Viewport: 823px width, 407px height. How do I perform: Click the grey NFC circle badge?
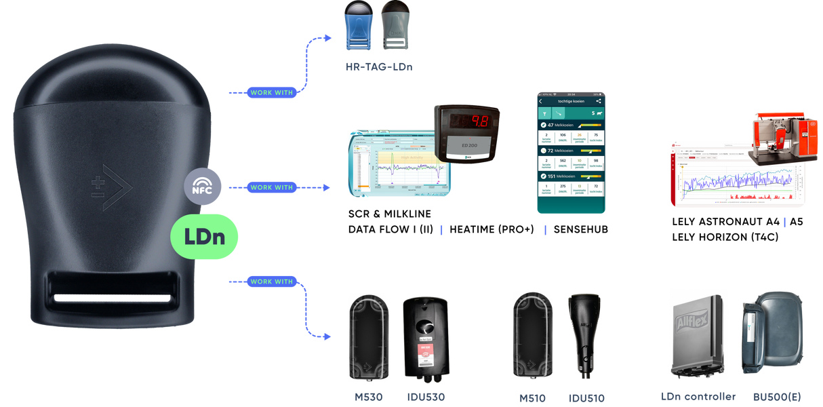[x=203, y=186]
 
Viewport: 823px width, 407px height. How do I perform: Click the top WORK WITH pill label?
[x=271, y=92]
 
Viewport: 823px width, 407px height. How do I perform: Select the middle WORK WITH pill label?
[x=271, y=187]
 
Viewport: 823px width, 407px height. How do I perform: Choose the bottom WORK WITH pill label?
[x=271, y=281]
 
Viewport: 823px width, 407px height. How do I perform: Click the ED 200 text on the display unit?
[x=465, y=145]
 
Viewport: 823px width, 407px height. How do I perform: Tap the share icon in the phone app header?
[x=599, y=100]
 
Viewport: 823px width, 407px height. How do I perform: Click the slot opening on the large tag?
[x=115, y=291]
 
